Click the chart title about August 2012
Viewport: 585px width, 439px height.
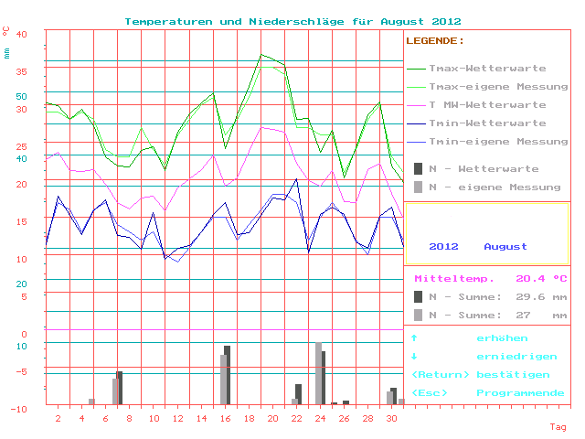(x=292, y=21)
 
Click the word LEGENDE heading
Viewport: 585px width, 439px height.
(x=434, y=41)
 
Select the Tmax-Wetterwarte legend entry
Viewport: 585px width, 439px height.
(x=487, y=69)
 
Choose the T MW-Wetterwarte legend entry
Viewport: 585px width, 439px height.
(x=487, y=105)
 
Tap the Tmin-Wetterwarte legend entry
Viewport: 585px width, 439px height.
(x=487, y=123)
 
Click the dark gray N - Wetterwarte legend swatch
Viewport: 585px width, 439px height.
(x=418, y=169)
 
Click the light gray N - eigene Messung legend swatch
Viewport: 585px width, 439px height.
(x=418, y=187)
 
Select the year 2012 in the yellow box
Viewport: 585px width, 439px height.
(x=443, y=247)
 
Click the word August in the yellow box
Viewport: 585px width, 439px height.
(x=505, y=247)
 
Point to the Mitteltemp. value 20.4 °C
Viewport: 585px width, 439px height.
(x=541, y=279)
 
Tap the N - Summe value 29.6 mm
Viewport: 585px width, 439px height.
(x=535, y=297)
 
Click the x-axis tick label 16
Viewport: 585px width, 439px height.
(x=225, y=419)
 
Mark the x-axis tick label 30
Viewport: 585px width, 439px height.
(x=391, y=419)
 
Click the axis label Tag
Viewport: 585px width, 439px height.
(x=558, y=427)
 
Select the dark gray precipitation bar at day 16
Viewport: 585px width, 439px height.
(x=228, y=375)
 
